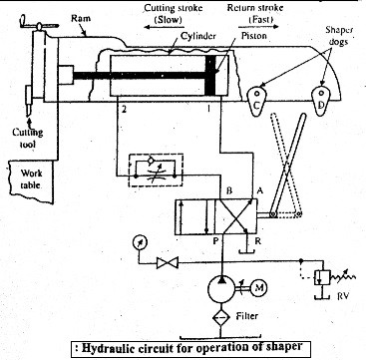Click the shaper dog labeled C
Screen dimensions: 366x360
click(257, 101)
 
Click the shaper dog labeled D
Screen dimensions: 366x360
click(320, 101)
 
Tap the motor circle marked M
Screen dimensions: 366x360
click(258, 287)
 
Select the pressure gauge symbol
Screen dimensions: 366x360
click(139, 242)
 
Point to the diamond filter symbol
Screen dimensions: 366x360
click(221, 315)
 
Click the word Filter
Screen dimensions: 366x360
click(247, 315)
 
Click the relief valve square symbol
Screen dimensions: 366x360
click(322, 276)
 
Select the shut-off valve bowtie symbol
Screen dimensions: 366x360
click(168, 263)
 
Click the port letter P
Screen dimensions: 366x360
click(215, 241)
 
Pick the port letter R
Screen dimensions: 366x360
click(258, 241)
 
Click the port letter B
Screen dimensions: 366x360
click(229, 191)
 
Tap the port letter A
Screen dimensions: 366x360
click(259, 190)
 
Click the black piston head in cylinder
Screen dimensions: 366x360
click(210, 76)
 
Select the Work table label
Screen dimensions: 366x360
click(31, 179)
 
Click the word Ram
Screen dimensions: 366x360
click(81, 18)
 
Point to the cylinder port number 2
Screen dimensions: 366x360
click(124, 110)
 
